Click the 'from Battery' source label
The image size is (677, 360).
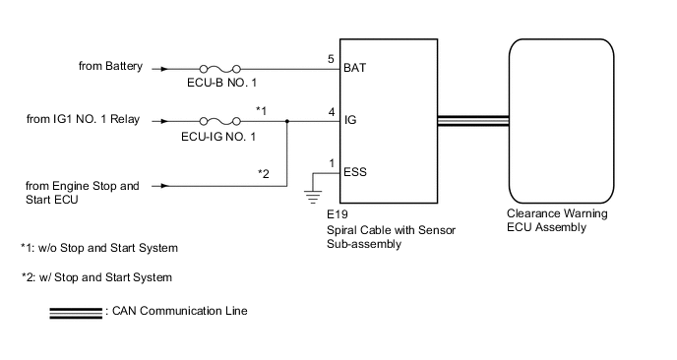110,67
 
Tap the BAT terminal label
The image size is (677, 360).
356,69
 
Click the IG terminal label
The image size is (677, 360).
350,123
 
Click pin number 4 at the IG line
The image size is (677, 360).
332,111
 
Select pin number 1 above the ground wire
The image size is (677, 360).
332,164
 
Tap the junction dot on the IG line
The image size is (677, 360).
285,122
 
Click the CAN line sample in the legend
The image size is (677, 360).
75,312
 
